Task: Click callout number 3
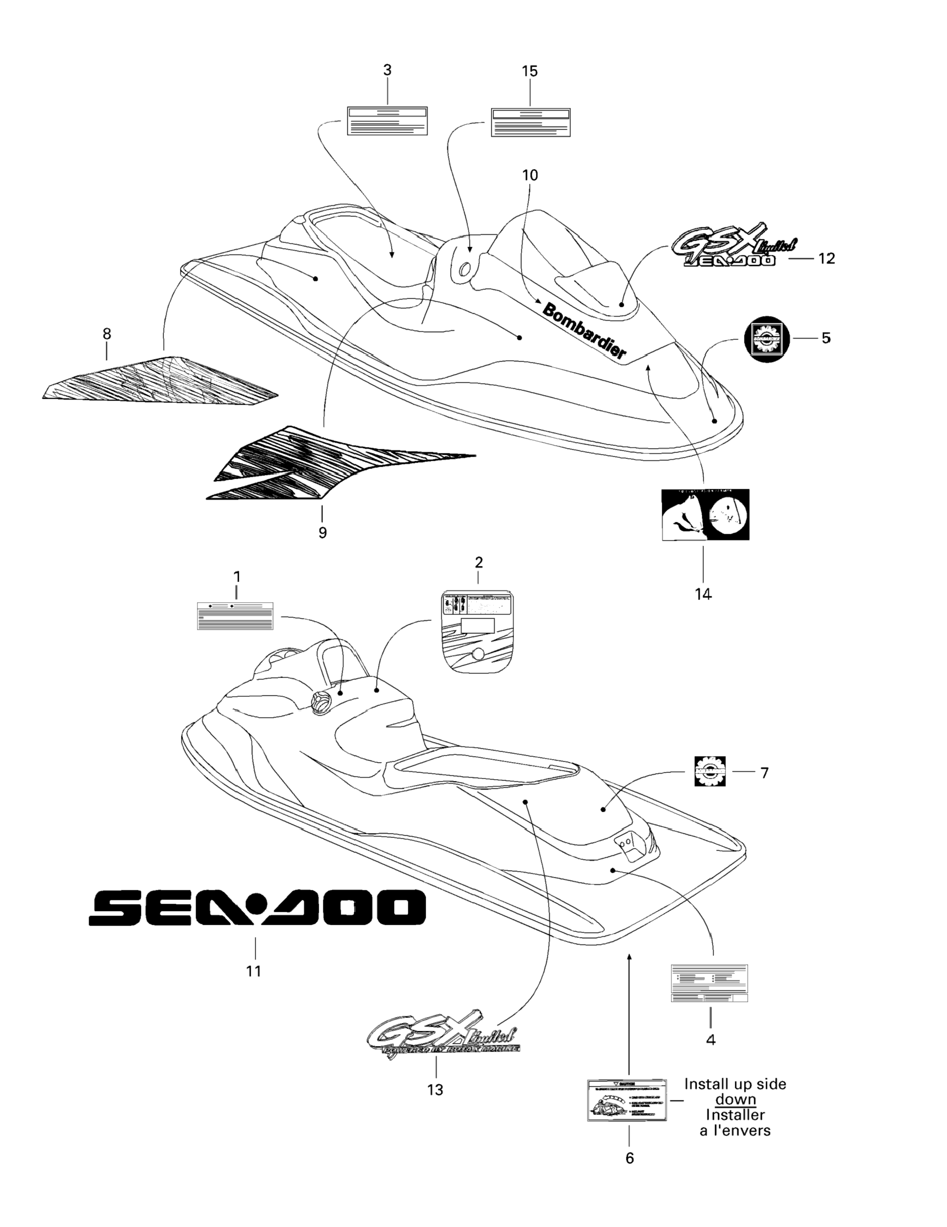click(387, 70)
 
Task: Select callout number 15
click(530, 71)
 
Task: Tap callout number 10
click(530, 175)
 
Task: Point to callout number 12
click(826, 259)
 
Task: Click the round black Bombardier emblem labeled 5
click(766, 338)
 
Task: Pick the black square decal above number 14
click(705, 514)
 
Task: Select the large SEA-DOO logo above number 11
click(257, 907)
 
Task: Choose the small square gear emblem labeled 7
click(710, 771)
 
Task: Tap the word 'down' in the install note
click(735, 1099)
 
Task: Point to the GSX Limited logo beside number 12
click(733, 245)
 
